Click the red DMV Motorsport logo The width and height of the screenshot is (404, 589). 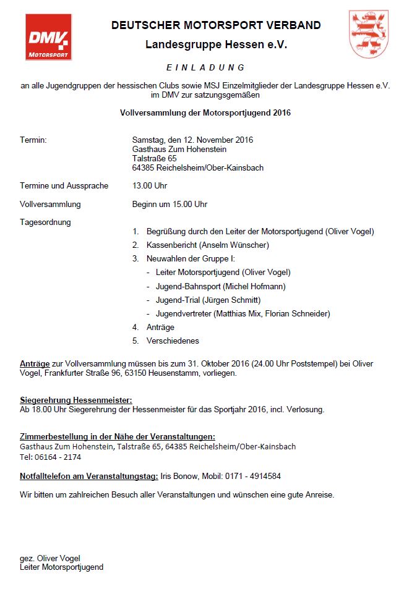[48, 38]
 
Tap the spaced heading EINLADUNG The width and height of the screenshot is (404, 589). [205, 67]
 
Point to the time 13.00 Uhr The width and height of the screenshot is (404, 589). [150, 185]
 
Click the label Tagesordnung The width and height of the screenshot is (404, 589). [45, 222]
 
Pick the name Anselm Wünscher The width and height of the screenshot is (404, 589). [220, 245]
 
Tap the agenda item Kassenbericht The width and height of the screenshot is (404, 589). [168, 245]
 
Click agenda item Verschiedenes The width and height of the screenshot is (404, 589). [173, 341]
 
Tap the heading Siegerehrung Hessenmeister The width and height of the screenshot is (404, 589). [75, 400]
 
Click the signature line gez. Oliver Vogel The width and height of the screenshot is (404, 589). [50, 558]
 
